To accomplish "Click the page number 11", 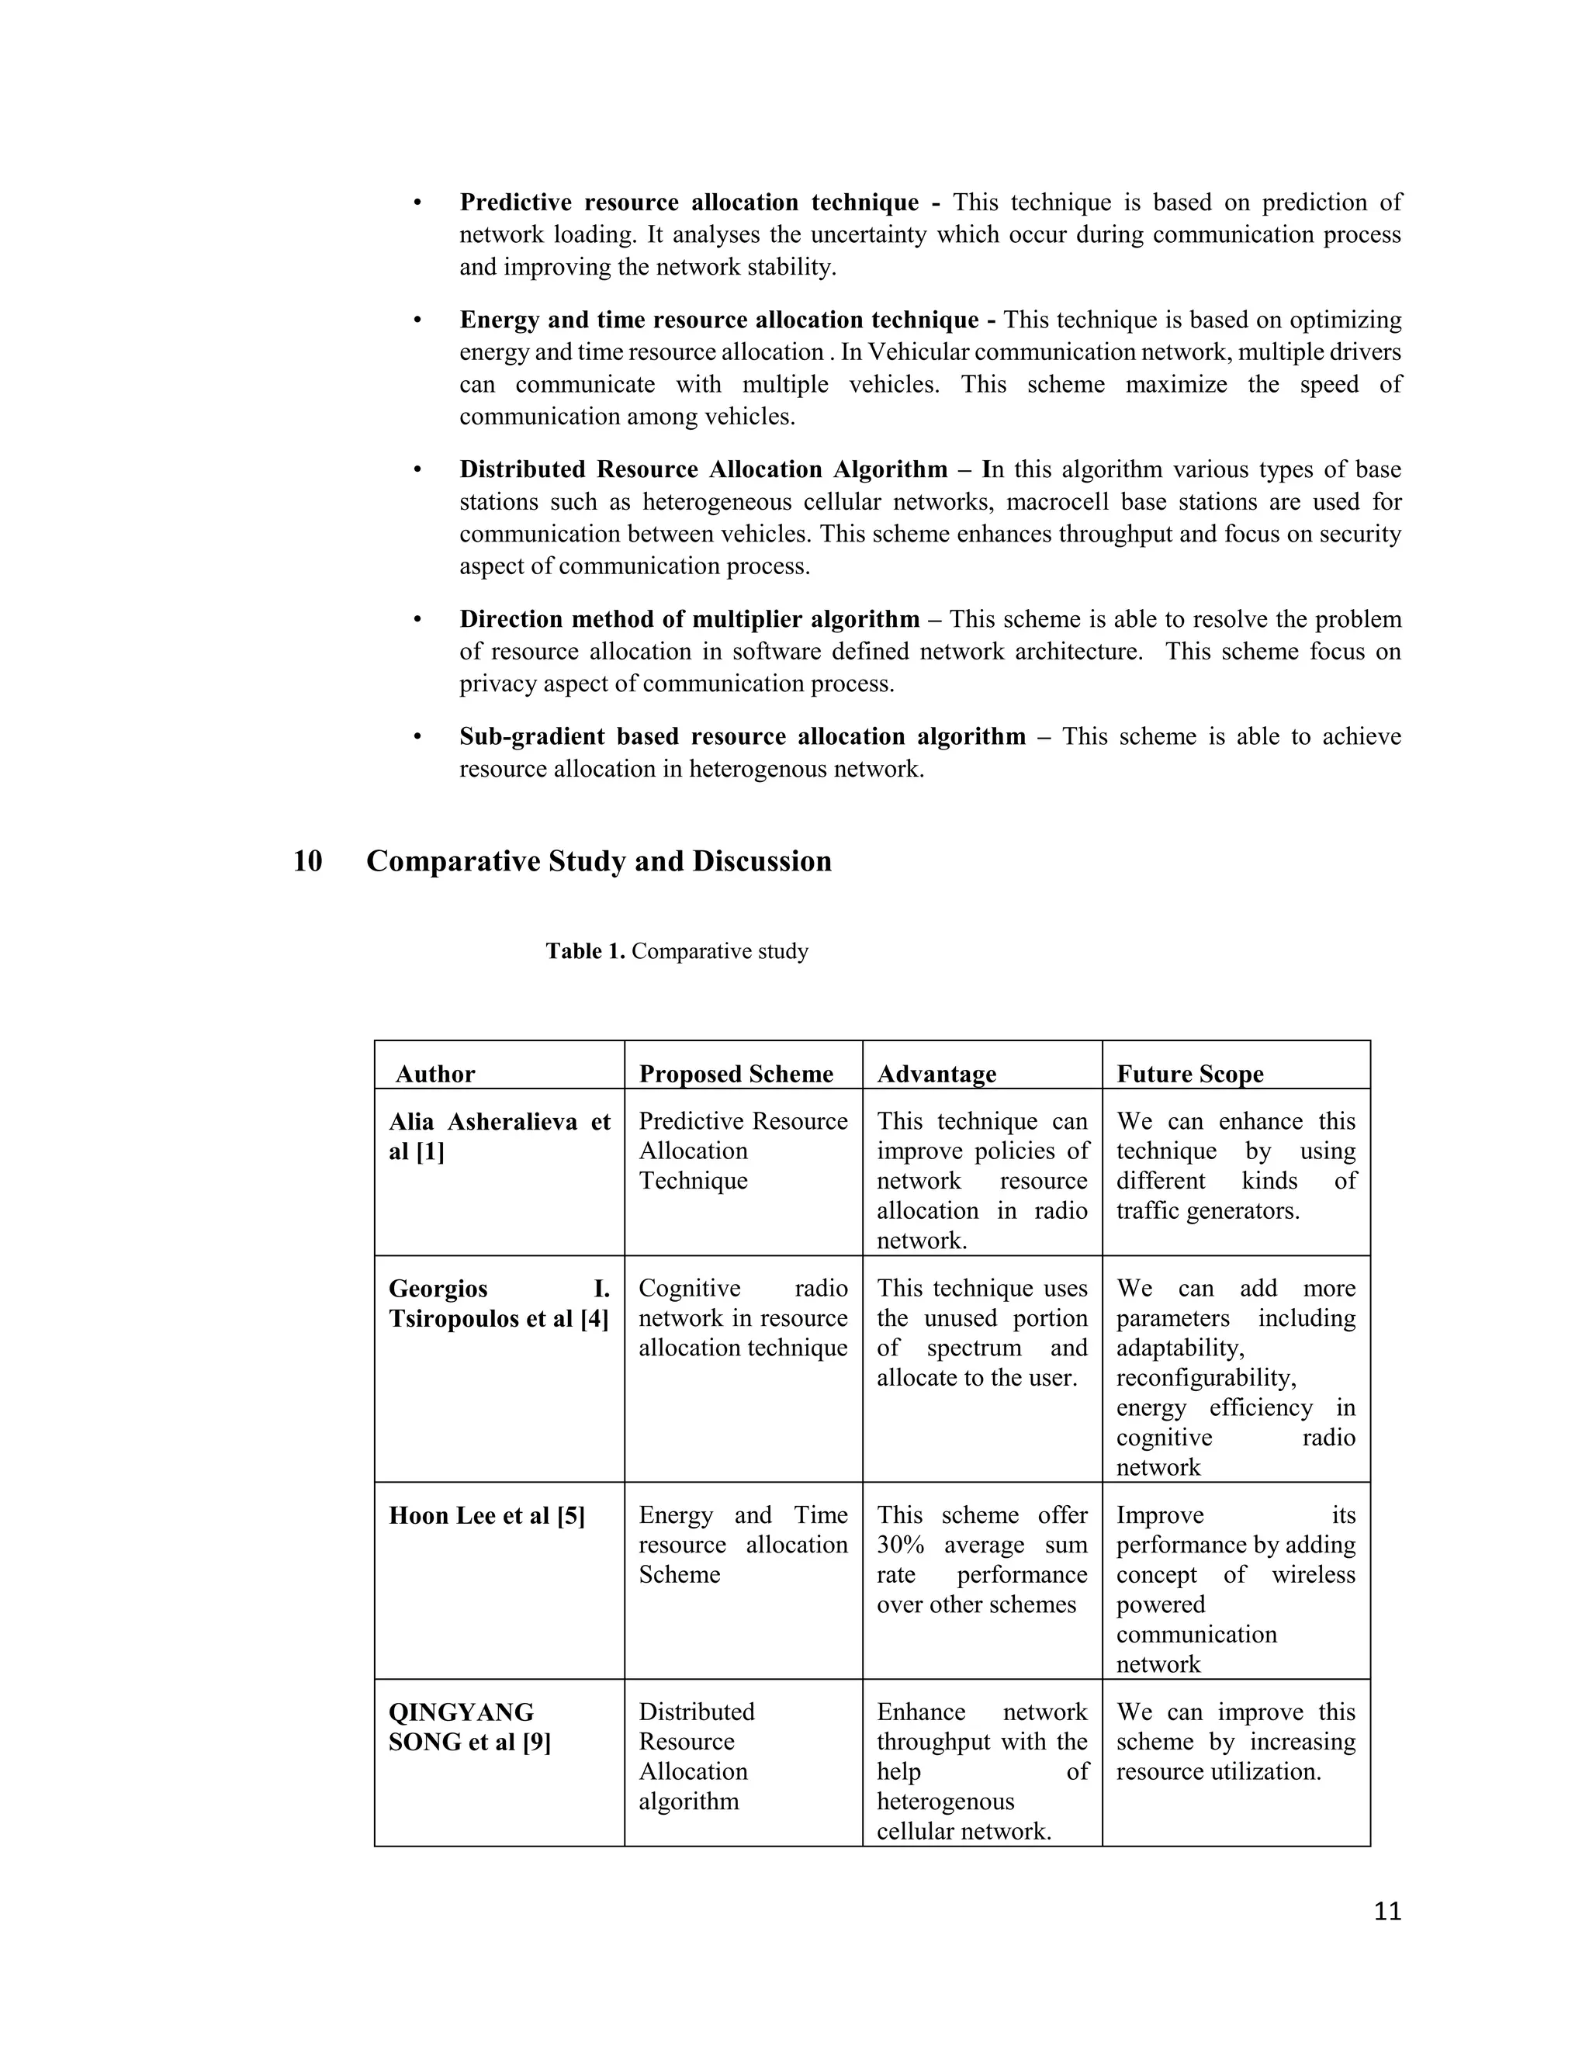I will pyautogui.click(x=1387, y=1912).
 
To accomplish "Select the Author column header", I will pyautogui.click(x=435, y=1074).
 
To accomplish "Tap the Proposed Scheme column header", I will pyautogui.click(x=736, y=1074).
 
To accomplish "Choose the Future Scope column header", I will pyautogui.click(x=1190, y=1074).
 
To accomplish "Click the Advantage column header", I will pyautogui.click(x=936, y=1074).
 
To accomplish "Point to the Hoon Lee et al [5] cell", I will pyautogui.click(x=486, y=1516).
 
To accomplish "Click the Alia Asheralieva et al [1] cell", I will pyautogui.click(x=499, y=1137).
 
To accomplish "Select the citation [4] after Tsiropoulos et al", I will pyautogui.click(x=594, y=1319).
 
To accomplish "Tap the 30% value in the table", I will pyautogui.click(x=900, y=1545).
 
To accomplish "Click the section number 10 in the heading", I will pyautogui.click(x=308, y=861).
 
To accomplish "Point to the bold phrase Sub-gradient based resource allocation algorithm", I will pyautogui.click(x=742, y=736).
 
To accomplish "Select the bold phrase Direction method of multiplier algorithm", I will pyautogui.click(x=689, y=619).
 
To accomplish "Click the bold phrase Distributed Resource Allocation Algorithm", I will pyautogui.click(x=703, y=469).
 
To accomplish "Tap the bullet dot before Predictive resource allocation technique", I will pyautogui.click(x=417, y=203).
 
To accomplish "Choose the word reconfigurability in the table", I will pyautogui.click(x=1206, y=1378).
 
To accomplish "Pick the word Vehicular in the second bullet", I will pyautogui.click(x=911, y=352).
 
